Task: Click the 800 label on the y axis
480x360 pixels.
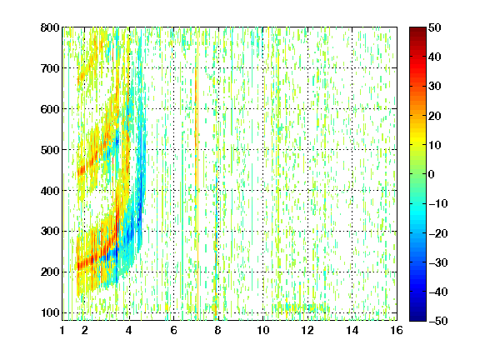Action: point(50,27)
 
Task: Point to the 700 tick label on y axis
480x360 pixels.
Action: point(50,68)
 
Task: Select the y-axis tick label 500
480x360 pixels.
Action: point(50,150)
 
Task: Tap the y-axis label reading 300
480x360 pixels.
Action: point(50,232)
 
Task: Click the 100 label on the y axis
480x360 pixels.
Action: point(50,312)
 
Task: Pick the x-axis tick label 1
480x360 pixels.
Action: point(62,330)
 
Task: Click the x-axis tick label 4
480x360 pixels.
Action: point(129,330)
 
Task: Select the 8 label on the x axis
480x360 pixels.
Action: point(217,330)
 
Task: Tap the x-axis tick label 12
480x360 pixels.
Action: point(307,330)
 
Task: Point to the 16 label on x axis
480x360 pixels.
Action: point(397,330)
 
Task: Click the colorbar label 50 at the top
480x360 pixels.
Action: point(434,27)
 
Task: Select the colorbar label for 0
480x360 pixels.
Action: point(431,174)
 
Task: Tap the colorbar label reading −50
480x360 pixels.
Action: point(438,321)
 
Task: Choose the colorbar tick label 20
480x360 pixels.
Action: point(434,116)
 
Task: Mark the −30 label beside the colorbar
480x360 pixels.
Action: point(438,262)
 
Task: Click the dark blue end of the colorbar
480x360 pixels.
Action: point(417,318)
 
